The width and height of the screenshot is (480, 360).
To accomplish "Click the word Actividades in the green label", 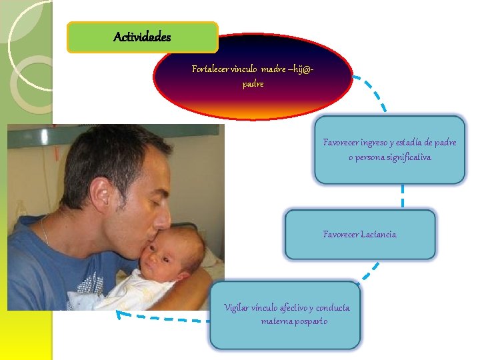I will [142, 37].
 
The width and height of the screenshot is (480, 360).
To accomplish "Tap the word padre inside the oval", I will [253, 85].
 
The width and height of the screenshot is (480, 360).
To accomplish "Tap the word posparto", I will [309, 321].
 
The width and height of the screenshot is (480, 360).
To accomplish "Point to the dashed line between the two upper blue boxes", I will [403, 196].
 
